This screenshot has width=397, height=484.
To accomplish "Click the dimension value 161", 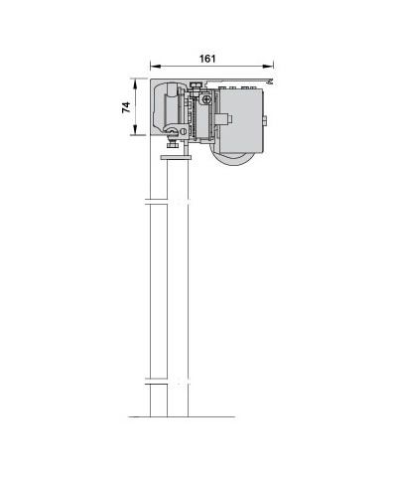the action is click(207, 59).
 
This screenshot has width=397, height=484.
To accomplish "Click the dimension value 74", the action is click(126, 107).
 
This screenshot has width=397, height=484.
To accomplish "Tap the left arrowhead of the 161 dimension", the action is click(155, 67).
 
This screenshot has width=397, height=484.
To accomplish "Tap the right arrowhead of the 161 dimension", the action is click(268, 67).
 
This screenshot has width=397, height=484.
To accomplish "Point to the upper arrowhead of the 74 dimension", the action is click(135, 84).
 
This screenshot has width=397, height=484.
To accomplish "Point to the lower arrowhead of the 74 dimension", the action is click(135, 129).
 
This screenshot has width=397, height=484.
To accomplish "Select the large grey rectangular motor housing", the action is click(241, 120).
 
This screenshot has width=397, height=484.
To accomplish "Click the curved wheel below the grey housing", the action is click(235, 161).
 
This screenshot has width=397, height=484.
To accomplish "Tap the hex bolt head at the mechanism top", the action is click(196, 85).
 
